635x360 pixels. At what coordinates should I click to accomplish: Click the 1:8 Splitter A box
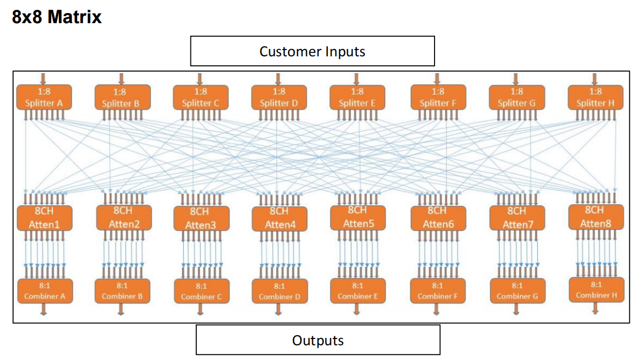pyautogui.click(x=44, y=97)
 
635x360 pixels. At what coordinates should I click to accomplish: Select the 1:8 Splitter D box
pyautogui.click(x=279, y=97)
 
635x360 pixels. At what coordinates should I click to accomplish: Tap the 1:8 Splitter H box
pyautogui.click(x=595, y=97)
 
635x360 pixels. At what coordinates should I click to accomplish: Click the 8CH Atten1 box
pyautogui.click(x=44, y=218)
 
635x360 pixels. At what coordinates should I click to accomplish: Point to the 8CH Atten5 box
pyautogui.click(x=358, y=217)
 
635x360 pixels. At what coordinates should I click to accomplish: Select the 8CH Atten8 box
pyautogui.click(x=596, y=217)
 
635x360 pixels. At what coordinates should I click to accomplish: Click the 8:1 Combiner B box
pyautogui.click(x=122, y=291)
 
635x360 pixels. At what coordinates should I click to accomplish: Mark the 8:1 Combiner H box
pyautogui.click(x=596, y=290)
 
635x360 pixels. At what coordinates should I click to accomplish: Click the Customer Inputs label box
pyautogui.click(x=312, y=51)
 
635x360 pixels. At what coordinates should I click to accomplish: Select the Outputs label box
pyautogui.click(x=318, y=340)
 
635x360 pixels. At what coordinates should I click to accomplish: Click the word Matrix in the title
pyautogui.click(x=74, y=17)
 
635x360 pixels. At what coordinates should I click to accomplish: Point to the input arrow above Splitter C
pyautogui.click(x=200, y=79)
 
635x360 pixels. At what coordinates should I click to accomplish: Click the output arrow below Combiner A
pyautogui.click(x=44, y=309)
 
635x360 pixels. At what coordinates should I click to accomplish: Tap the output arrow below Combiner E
pyautogui.click(x=357, y=309)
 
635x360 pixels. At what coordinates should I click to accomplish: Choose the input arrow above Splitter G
pyautogui.click(x=516, y=79)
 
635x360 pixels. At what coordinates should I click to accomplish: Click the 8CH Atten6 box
pyautogui.click(x=438, y=218)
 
